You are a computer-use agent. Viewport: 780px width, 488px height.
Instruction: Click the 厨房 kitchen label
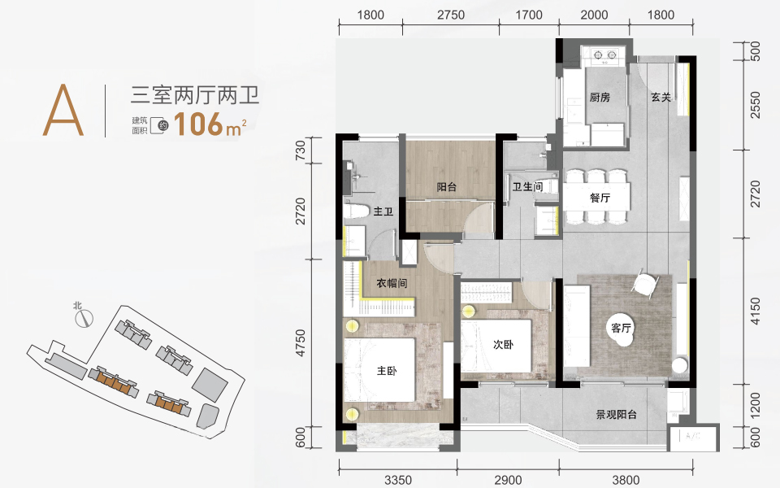pyautogui.click(x=600, y=97)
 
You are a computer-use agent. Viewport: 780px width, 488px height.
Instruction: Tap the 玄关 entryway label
pyautogui.click(x=661, y=98)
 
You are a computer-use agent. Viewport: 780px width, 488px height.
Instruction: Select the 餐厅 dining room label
pyautogui.click(x=600, y=198)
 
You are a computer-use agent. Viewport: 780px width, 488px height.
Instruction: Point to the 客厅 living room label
pyautogui.click(x=621, y=328)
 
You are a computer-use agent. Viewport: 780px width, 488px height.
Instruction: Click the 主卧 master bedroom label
pyautogui.click(x=387, y=371)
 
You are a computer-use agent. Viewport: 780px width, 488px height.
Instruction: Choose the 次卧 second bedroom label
pyautogui.click(x=504, y=344)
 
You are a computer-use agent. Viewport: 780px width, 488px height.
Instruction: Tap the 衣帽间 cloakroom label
pyautogui.click(x=392, y=283)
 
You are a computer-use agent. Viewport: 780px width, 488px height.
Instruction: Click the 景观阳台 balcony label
pyautogui.click(x=617, y=414)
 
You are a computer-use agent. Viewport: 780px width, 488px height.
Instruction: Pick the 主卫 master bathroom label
pyautogui.click(x=383, y=211)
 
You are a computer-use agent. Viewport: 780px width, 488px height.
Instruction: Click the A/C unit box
pyautogui.click(x=692, y=438)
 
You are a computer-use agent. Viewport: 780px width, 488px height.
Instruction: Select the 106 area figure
pyautogui.click(x=198, y=124)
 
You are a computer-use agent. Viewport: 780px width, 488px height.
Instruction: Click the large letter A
pyautogui.click(x=63, y=110)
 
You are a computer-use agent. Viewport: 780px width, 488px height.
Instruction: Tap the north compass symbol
pyautogui.click(x=84, y=318)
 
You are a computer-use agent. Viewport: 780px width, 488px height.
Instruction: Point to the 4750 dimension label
pyautogui.click(x=301, y=342)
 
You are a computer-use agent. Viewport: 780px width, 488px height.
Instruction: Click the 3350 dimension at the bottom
pyautogui.click(x=398, y=480)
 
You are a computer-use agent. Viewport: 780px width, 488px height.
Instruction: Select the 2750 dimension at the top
pyautogui.click(x=451, y=15)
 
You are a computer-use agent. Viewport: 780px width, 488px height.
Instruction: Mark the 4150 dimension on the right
pyautogui.click(x=755, y=312)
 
